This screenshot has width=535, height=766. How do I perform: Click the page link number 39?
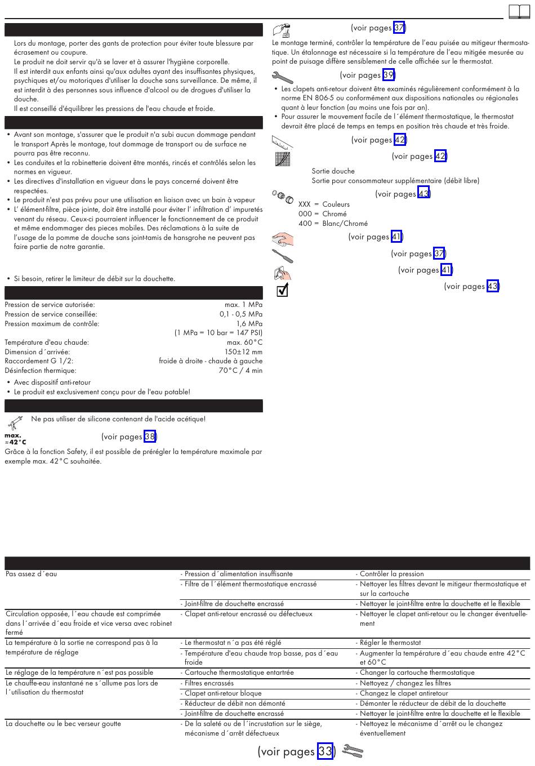(389, 75)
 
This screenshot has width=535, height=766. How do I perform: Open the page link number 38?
(150, 437)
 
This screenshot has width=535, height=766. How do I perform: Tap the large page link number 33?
(325, 751)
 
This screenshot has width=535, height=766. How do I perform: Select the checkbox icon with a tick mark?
(283, 290)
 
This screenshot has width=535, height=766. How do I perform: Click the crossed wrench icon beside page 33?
(353, 751)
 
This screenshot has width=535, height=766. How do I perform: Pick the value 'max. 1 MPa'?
(243, 305)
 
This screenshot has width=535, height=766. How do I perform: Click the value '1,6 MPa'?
(249, 324)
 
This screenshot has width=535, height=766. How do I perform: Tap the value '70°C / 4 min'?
(240, 371)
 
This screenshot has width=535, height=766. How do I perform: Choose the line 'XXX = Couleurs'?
(324, 204)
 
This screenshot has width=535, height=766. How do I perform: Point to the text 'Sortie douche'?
(333, 171)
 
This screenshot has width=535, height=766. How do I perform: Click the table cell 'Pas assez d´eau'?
(32, 574)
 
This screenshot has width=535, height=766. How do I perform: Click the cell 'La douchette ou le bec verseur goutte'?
(63, 724)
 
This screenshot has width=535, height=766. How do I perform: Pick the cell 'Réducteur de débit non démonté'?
(235, 703)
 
